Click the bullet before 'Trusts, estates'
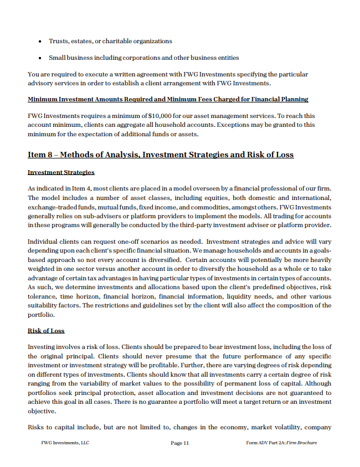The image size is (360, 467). [x=40, y=42]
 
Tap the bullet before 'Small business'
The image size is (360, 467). [x=40, y=58]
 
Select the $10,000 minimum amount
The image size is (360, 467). [x=160, y=116]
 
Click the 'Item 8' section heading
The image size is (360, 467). [x=161, y=155]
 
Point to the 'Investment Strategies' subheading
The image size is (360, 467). [x=61, y=172]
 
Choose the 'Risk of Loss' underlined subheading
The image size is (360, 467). [x=46, y=331]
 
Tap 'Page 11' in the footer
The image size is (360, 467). [x=180, y=443]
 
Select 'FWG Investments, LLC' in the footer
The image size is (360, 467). [x=65, y=443]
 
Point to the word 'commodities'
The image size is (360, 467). [x=207, y=207]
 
